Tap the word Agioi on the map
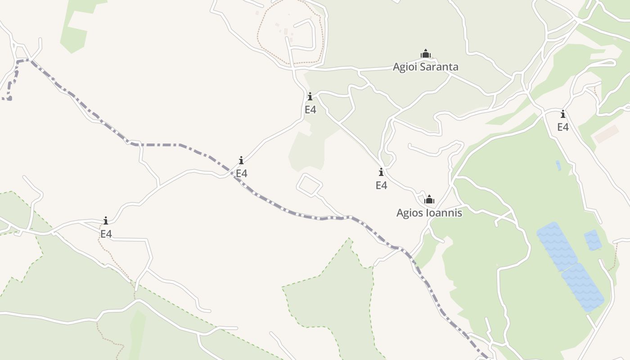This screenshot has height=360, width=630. tap(404, 67)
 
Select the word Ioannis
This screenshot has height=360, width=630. tap(444, 213)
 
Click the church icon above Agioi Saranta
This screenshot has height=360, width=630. tap(426, 54)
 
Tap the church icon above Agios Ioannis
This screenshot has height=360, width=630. tap(430, 199)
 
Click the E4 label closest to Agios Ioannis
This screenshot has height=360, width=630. tap(382, 185)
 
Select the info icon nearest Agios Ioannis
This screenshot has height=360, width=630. tap(381, 172)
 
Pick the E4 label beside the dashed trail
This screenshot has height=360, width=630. tap(242, 173)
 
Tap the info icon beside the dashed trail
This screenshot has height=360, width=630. tap(241, 160)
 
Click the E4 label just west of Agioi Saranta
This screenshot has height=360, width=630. tap(310, 109)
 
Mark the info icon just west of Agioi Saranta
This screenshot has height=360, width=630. tap(310, 96)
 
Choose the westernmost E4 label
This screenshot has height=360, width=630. tap(106, 234)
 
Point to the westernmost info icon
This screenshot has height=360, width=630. tap(106, 220)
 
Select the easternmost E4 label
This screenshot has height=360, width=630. tap(563, 127)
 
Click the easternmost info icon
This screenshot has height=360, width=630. tap(563, 114)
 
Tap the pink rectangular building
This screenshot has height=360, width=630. tap(607, 134)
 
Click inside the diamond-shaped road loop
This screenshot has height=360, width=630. tap(310, 185)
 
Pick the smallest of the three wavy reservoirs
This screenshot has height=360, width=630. tap(593, 240)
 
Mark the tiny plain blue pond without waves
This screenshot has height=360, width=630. tap(558, 165)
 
